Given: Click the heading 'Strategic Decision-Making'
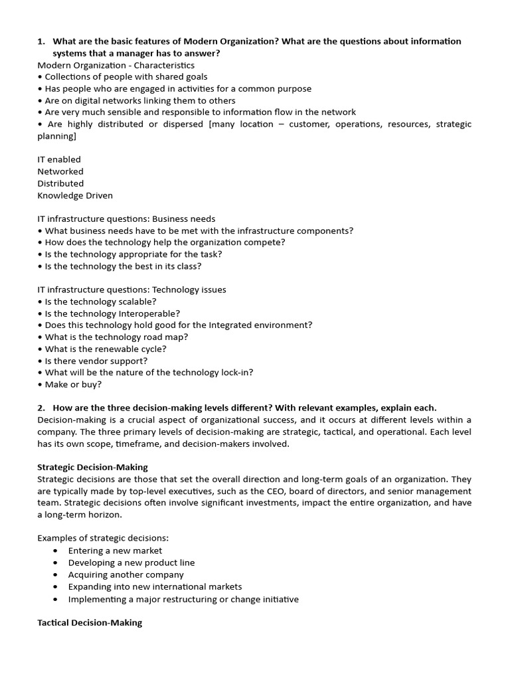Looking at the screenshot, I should click(x=92, y=467).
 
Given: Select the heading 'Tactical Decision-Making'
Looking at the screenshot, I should click(x=90, y=623).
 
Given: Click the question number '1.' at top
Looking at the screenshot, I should click(x=41, y=41).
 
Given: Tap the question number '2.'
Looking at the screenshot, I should click(x=41, y=408).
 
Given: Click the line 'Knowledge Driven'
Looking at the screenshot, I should click(x=75, y=195).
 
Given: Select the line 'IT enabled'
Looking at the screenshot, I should click(x=59, y=159).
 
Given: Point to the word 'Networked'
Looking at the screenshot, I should click(x=60, y=171).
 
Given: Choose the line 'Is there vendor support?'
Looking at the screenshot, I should click(x=96, y=361).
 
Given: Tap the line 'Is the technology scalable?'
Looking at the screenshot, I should click(x=100, y=301).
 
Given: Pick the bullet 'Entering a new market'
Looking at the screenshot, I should click(x=115, y=551).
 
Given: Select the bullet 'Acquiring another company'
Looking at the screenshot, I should click(x=126, y=574).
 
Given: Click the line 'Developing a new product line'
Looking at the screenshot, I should click(x=131, y=562).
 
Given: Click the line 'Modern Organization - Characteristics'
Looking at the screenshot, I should click(x=116, y=65).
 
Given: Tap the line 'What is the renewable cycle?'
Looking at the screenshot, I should click(x=106, y=349).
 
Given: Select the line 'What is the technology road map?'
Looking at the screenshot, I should click(x=116, y=337).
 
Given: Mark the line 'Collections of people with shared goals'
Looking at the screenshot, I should click(x=126, y=77).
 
